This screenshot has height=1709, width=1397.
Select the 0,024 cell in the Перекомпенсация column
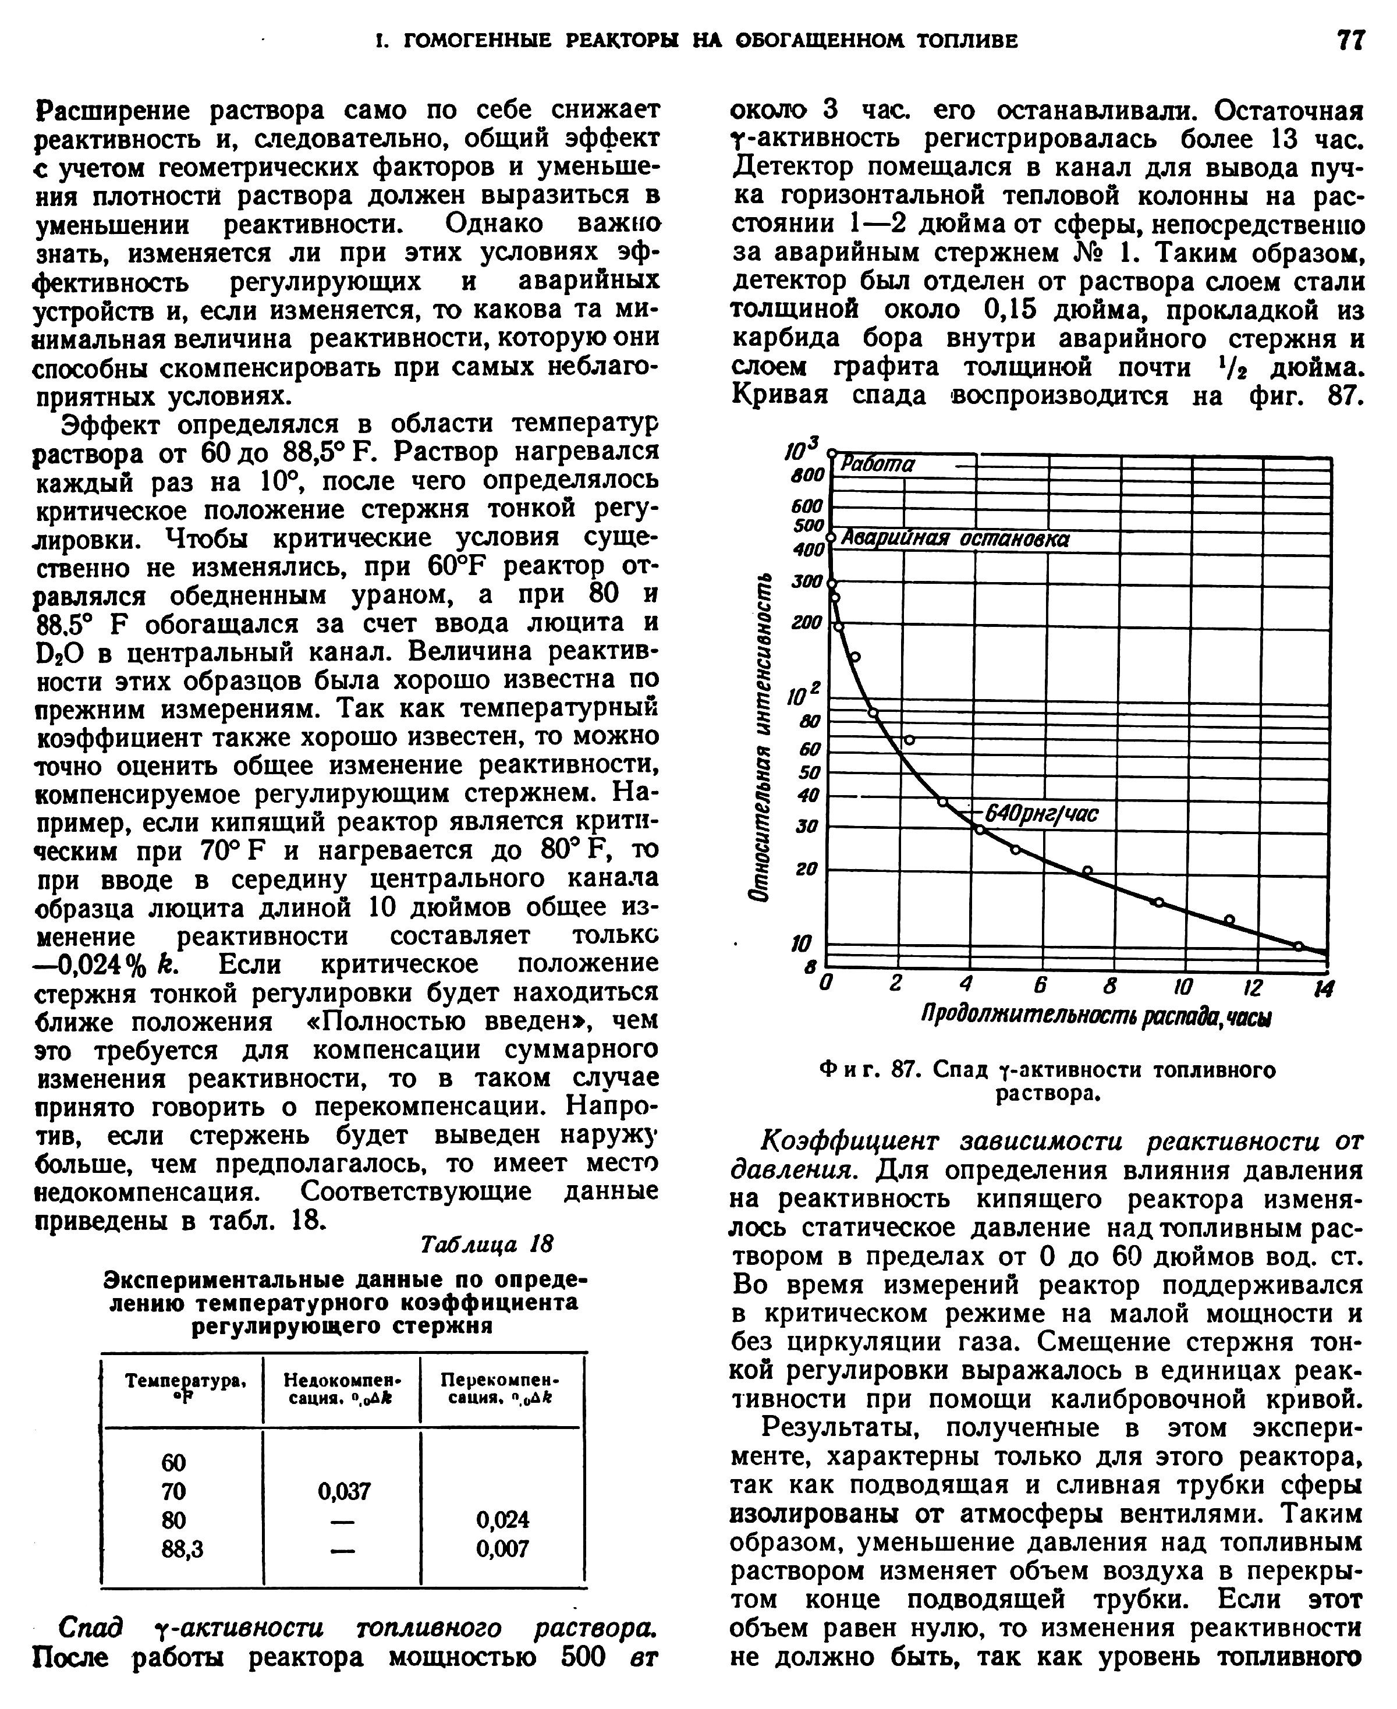(502, 1520)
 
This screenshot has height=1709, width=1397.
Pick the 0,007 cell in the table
(502, 1549)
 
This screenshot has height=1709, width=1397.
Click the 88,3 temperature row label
(183, 1549)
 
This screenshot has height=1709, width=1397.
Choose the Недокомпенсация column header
(343, 1389)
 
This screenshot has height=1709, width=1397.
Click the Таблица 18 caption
(487, 1244)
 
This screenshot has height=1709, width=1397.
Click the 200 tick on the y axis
(807, 623)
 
